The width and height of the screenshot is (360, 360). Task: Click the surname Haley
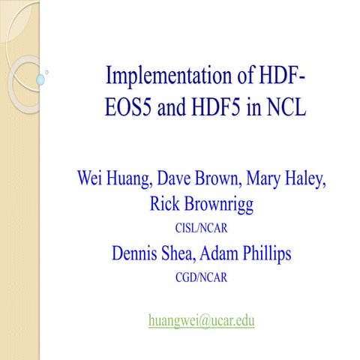click(x=327, y=181)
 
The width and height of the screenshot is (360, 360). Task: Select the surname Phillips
click(x=272, y=253)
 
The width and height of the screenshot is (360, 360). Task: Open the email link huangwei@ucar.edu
click(x=202, y=320)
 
